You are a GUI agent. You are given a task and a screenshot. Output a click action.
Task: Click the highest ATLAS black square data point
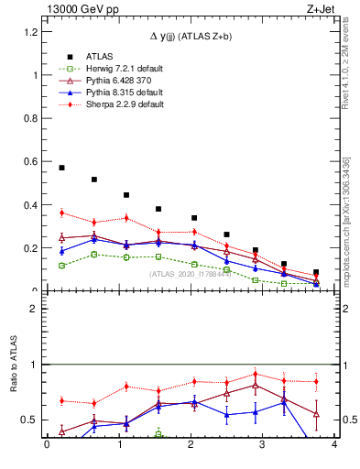click(61, 168)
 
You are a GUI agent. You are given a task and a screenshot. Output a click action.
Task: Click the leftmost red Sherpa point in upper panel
click(61, 213)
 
